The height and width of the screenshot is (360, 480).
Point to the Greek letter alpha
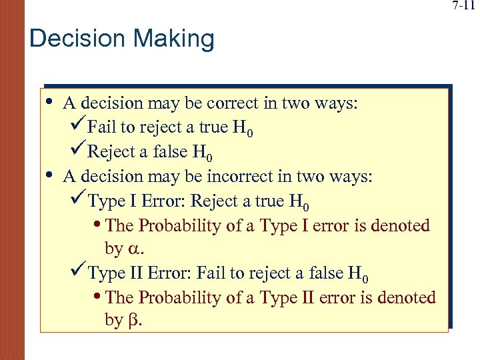point(135,250)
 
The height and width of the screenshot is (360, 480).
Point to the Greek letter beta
point(133,321)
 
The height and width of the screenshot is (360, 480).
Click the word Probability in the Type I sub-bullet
point(175,226)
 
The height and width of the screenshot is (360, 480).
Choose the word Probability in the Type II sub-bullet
point(175,297)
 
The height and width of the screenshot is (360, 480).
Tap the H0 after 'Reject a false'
point(203,153)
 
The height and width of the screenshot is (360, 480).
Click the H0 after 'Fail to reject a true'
point(243,129)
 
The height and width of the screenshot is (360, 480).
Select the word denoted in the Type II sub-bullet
point(403,297)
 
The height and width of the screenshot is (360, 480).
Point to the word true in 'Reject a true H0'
point(267,201)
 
